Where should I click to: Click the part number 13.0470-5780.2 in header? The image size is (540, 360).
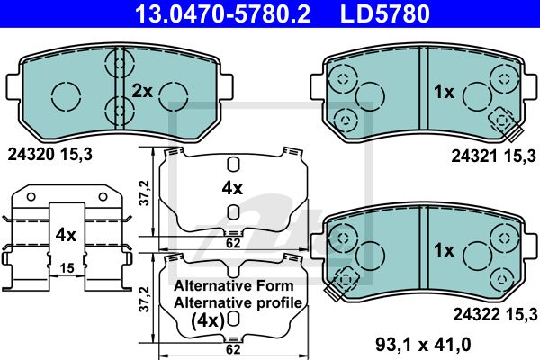(223, 13)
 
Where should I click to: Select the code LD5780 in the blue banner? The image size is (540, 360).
(385, 13)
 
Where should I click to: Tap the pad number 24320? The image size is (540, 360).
(31, 155)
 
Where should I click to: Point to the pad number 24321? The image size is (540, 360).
(474, 157)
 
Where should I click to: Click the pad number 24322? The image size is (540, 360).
(476, 314)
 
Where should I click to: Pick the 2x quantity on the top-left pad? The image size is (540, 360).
(142, 91)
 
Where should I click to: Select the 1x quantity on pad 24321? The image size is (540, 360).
(444, 92)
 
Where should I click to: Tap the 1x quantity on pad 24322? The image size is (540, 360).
(445, 250)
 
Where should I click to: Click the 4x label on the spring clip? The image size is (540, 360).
(66, 235)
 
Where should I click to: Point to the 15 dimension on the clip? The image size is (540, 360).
(67, 267)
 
